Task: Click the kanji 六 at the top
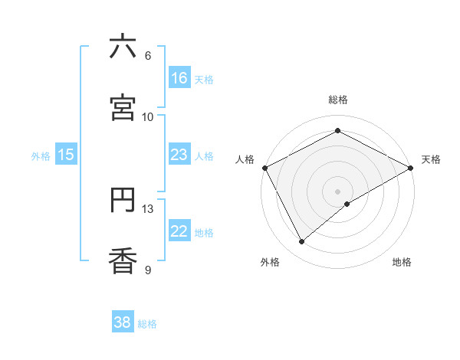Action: pos(123,47)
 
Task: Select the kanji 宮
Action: pos(123,108)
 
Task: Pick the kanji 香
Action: pos(123,262)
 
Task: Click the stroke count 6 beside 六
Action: pos(148,56)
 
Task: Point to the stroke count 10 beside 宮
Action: pos(148,116)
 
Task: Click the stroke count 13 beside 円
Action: pos(148,208)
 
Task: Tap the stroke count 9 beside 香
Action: pos(148,270)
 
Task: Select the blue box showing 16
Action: pos(179,78)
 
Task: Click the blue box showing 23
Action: pos(179,155)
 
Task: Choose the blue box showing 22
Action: pos(179,231)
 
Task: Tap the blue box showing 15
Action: pos(66,155)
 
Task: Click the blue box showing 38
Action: pos(123,322)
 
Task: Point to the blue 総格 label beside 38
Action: pos(147,324)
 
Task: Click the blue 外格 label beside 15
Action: pos(41,156)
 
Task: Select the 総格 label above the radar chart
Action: pos(338,100)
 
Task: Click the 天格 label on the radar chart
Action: pos(431,159)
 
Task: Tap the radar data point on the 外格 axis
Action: pos(302,242)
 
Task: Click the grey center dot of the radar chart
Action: pos(338,191)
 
